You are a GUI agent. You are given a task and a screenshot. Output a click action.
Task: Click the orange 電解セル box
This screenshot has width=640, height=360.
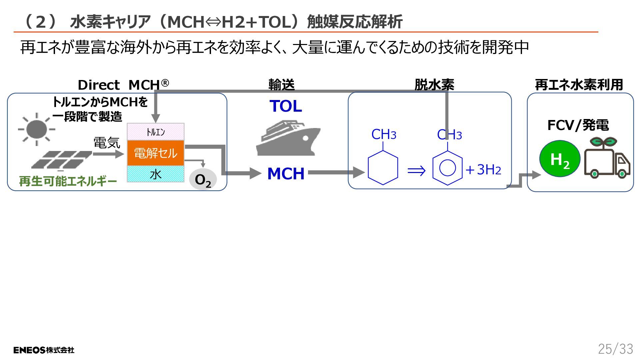(156, 153)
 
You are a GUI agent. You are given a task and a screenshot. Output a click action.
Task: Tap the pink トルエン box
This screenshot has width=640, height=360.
(156, 132)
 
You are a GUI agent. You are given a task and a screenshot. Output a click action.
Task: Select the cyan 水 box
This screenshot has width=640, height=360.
(156, 174)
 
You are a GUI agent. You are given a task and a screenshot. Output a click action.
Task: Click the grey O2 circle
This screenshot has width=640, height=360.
(203, 180)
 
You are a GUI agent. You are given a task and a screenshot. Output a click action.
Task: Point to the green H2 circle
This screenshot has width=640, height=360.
(560, 159)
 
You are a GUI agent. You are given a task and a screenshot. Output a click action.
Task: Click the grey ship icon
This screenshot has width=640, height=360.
(288, 138)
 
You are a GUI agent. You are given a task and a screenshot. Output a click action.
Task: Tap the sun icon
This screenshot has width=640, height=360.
(37, 129)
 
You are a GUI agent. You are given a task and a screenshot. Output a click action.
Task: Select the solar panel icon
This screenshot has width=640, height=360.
(62, 160)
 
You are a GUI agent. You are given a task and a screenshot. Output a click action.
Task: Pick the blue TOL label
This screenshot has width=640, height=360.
(286, 106)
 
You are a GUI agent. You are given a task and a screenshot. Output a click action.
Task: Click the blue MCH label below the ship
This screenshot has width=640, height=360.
(286, 174)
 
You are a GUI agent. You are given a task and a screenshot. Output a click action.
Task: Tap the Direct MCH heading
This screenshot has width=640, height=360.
(123, 85)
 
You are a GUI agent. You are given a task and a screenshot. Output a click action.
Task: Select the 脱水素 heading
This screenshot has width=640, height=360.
(434, 85)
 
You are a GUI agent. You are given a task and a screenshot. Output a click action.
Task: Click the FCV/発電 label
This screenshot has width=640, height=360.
(578, 125)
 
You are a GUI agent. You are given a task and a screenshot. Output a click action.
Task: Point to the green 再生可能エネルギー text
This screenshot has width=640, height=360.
(68, 181)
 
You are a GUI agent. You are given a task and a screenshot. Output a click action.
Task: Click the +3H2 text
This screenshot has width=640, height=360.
(484, 170)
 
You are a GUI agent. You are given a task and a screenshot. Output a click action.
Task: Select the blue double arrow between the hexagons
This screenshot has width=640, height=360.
(417, 171)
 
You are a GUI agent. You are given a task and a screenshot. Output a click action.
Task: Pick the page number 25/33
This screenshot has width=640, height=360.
(615, 349)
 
